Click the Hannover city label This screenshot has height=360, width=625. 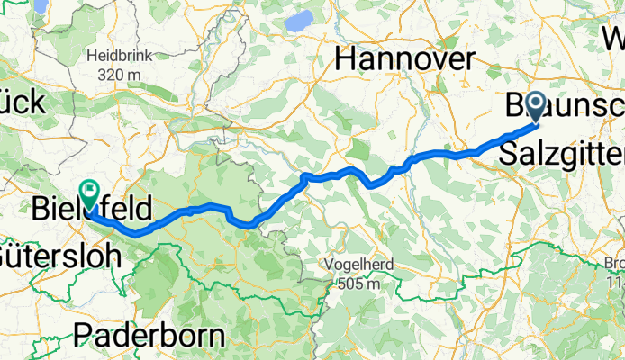coord(404,60)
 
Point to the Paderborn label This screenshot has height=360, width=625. coord(149,337)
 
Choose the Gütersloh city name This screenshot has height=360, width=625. coord(59,256)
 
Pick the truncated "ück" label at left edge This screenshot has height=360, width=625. coord(22,103)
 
